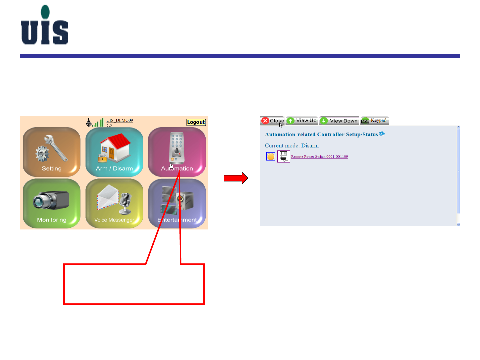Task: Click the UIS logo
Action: (45, 25)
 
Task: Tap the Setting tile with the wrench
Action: (52, 152)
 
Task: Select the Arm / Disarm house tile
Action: (114, 152)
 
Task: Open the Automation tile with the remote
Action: (177, 152)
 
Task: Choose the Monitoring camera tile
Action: (52, 203)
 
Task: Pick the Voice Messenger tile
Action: (114, 203)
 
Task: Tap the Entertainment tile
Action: (177, 203)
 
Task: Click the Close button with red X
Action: (272, 121)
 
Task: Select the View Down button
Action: (339, 121)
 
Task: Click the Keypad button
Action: (375, 121)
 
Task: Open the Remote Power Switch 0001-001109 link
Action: (319, 157)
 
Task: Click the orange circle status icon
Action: (271, 157)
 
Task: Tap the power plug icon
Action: (284, 156)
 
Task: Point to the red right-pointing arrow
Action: (236, 178)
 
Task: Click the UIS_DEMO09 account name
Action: (120, 121)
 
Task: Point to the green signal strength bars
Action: (99, 123)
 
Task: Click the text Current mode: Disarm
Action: (292, 146)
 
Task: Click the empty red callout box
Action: (134, 284)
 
